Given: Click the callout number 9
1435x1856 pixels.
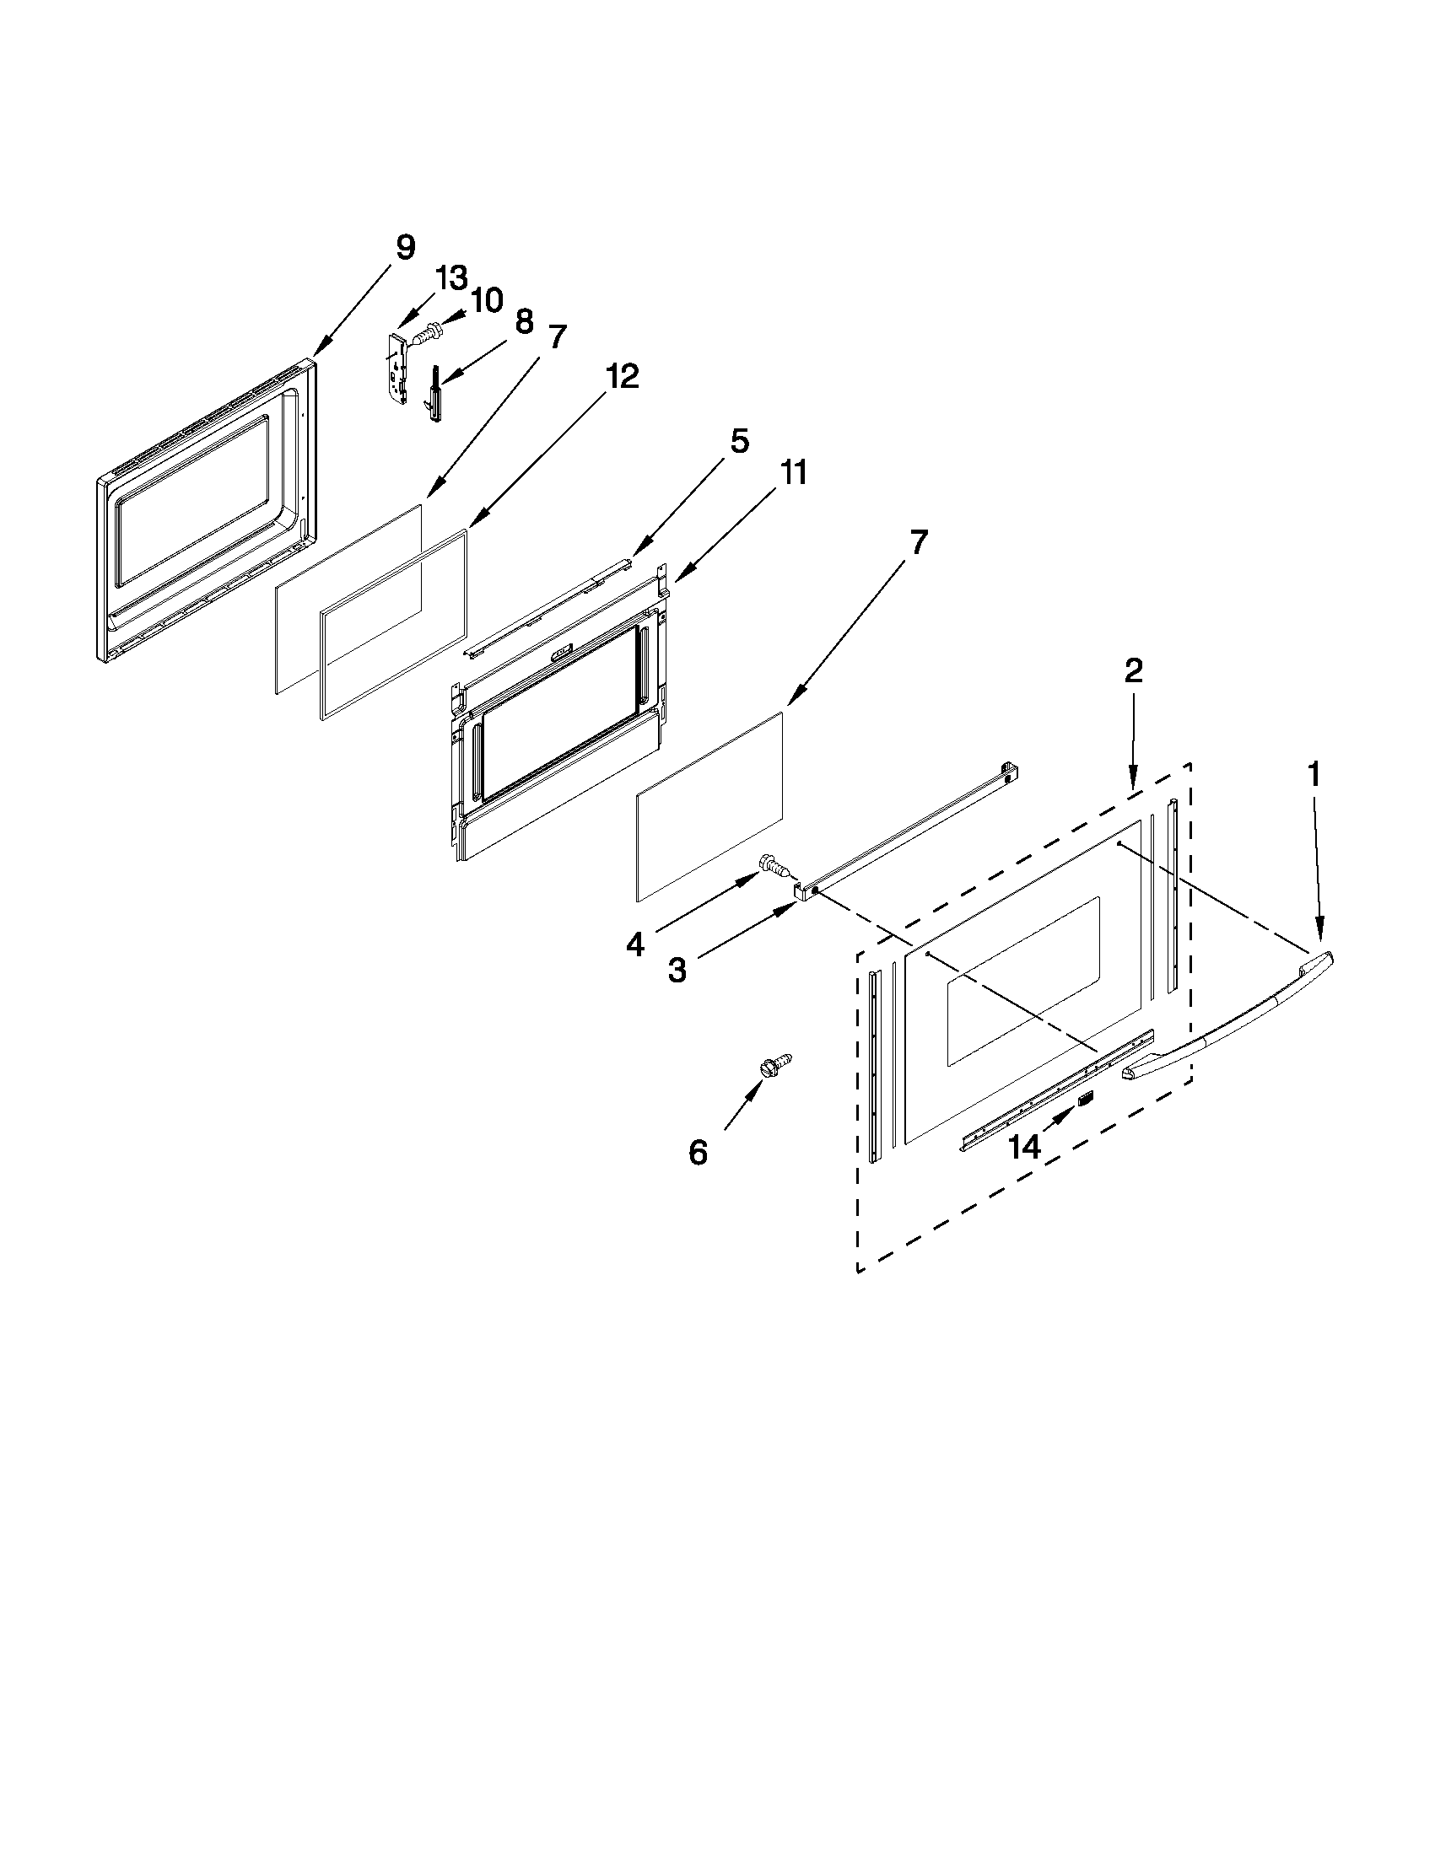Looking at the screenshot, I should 406,248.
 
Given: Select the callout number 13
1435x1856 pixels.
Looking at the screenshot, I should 451,278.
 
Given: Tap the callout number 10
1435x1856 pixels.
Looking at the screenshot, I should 486,301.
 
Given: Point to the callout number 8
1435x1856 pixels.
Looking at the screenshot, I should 524,322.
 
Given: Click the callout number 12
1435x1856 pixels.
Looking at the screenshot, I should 623,376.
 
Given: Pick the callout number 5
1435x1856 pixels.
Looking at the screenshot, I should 738,441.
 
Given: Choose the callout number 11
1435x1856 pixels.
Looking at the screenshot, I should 792,472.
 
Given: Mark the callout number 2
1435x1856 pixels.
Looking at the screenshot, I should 1133,671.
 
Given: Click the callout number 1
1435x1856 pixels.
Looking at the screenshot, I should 1314,774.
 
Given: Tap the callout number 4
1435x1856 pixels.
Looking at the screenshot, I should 635,944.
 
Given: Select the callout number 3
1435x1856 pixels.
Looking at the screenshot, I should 677,970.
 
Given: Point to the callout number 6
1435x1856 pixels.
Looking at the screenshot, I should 697,1153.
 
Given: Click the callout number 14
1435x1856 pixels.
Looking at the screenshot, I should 1024,1148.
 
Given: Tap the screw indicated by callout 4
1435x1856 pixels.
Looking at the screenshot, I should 772,866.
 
